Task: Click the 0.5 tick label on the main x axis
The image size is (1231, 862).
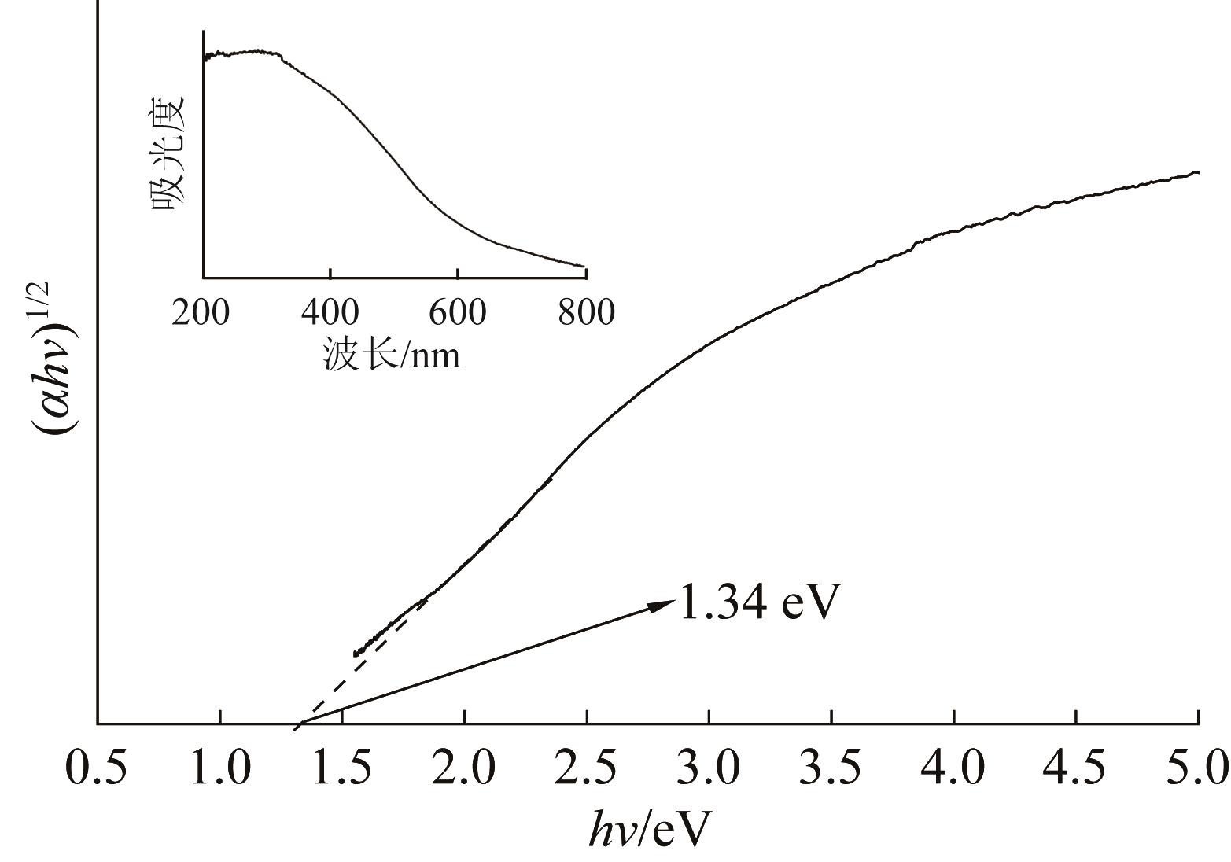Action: [96, 768]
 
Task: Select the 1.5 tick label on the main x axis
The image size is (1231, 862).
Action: [343, 768]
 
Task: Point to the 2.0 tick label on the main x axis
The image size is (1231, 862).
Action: [466, 768]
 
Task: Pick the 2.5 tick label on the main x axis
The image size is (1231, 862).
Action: [588, 768]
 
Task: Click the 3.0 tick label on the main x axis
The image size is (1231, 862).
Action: [709, 768]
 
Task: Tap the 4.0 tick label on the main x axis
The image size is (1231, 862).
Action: [954, 768]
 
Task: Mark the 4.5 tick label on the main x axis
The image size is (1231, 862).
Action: [1076, 768]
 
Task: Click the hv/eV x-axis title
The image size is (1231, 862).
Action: [650, 828]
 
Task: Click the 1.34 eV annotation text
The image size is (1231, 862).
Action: [759, 602]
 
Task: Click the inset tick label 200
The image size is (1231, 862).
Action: [201, 312]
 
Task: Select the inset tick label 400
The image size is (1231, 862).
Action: [330, 312]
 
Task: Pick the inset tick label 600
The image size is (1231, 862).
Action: [458, 312]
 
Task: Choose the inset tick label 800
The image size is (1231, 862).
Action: [586, 312]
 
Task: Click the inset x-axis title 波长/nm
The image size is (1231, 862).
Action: [391, 355]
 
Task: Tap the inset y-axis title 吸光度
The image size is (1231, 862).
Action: [168, 153]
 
